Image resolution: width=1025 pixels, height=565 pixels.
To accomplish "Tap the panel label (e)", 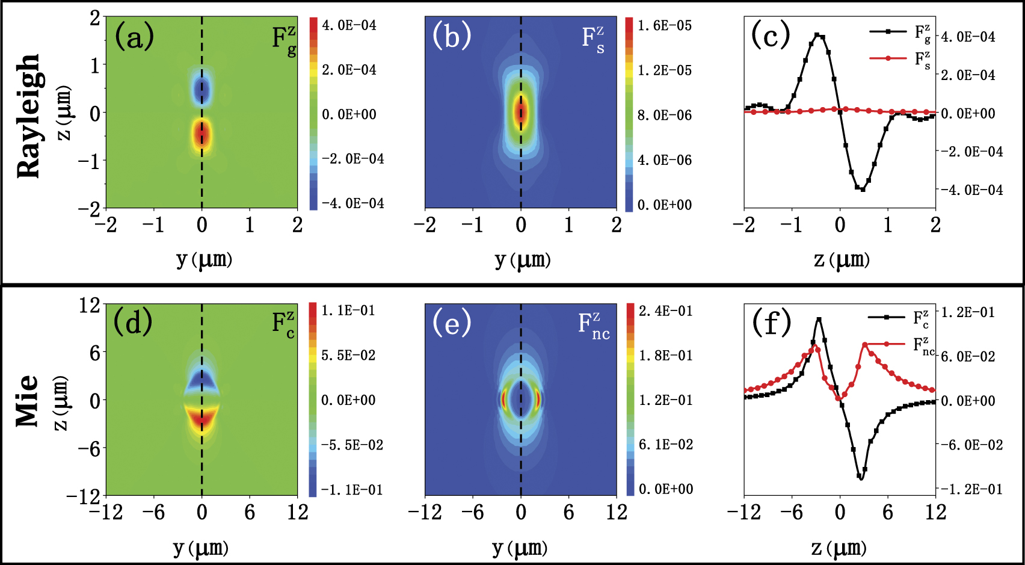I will point(452,323).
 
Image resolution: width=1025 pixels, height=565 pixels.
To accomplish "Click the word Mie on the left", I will point(28,401).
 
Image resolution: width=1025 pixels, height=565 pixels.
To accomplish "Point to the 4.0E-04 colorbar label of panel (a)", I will point(349,25).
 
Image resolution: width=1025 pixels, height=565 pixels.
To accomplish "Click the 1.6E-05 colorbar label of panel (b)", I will point(665,26).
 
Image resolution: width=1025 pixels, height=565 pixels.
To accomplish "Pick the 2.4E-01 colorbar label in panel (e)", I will point(665,311).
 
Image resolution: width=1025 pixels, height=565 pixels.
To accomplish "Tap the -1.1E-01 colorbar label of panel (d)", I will point(352,490).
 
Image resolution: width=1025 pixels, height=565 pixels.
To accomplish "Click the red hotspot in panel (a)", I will point(202,135).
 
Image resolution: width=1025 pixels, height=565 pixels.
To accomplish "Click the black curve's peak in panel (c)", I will point(817,36).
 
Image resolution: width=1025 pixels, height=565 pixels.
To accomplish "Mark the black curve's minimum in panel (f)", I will point(861,478).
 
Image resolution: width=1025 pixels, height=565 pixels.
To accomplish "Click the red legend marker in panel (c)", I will point(888,58).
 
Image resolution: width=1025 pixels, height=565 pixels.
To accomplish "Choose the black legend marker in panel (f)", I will point(886,316).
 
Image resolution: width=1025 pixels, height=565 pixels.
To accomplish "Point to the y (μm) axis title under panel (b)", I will point(522,260).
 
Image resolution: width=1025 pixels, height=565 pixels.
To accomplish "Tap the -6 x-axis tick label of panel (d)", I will point(153,513).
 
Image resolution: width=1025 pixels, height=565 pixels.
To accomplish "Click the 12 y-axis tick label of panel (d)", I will point(89,306).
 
